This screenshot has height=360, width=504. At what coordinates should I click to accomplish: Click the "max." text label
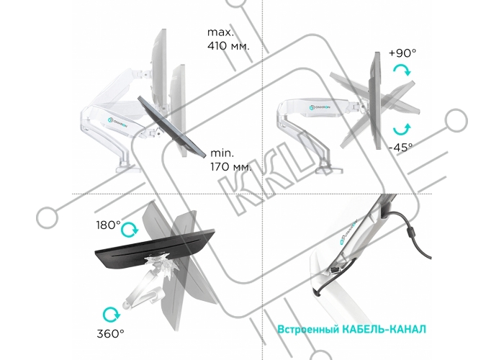tap(221, 32)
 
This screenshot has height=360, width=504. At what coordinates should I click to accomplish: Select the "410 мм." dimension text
tap(228, 46)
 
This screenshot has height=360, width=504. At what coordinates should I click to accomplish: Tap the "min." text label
tap(222, 153)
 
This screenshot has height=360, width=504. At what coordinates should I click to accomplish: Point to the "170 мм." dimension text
tap(231, 167)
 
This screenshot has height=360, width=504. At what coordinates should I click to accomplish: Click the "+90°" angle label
tap(402, 53)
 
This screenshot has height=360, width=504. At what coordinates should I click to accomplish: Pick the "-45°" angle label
tap(400, 148)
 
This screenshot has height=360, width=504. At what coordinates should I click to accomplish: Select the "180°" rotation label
tap(108, 225)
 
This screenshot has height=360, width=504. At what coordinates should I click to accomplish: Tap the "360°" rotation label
tap(110, 333)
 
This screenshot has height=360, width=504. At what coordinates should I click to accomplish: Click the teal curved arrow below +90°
tap(402, 70)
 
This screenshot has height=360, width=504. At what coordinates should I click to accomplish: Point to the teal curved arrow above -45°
tap(402, 129)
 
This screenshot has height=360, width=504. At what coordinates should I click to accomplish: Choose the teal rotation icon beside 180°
tap(130, 229)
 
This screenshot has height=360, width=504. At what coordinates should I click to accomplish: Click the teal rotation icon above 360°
tap(111, 315)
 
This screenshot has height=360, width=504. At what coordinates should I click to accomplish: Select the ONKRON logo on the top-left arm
tap(117, 122)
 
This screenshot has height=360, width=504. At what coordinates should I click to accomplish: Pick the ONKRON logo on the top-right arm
tap(320, 107)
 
